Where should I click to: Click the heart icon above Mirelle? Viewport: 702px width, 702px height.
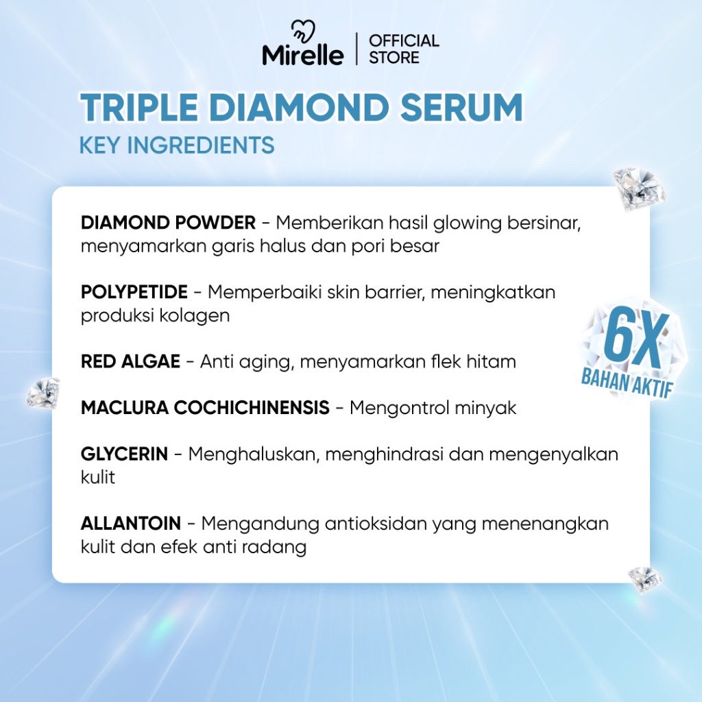pos(303,32)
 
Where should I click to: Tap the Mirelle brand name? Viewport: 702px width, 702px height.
pos(303,56)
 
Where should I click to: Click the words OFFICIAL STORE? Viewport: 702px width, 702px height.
pos(404,49)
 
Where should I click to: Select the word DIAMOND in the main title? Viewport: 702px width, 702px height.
pos(299,108)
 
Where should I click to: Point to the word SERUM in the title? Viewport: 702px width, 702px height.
pos(461,108)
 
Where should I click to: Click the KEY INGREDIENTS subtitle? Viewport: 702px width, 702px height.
pos(177,145)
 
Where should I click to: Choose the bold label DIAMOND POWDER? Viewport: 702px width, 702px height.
pos(169,223)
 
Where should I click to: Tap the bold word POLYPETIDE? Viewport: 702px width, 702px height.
pos(134,292)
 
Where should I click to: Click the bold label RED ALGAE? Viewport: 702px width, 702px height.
pos(130,361)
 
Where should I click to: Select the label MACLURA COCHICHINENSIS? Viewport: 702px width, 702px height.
pos(205,407)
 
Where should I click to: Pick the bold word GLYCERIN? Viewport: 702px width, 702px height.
pos(125,454)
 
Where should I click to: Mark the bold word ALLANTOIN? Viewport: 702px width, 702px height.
pos(131,523)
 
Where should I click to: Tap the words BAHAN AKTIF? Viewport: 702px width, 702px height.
pos(627,385)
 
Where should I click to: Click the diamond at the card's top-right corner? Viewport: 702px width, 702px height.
pos(639,189)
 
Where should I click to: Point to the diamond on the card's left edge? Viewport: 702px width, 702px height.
pos(43,393)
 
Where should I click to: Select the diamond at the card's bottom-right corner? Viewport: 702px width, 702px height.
pos(644,579)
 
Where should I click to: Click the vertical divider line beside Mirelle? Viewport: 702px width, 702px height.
pos(356,49)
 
